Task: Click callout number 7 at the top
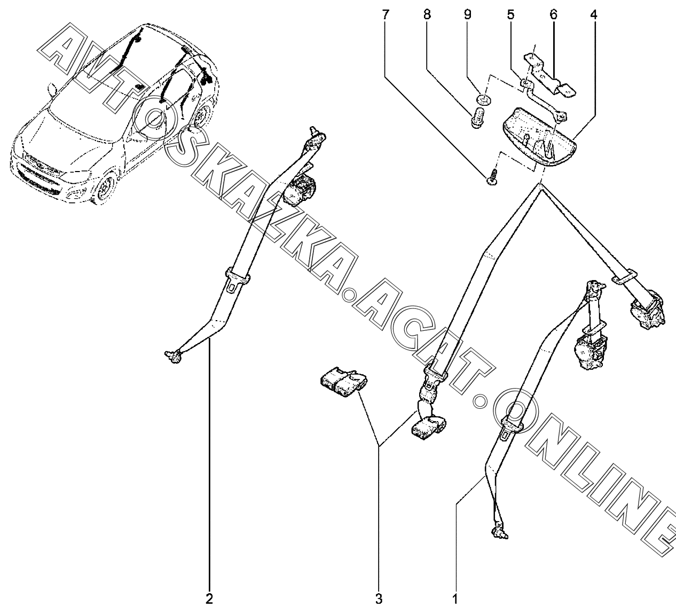pyautogui.click(x=386, y=15)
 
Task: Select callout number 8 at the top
pyautogui.click(x=427, y=15)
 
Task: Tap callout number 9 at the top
pyautogui.click(x=467, y=15)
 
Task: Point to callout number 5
pyautogui.click(x=511, y=15)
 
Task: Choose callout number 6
pyautogui.click(x=553, y=15)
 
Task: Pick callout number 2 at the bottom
pyautogui.click(x=209, y=599)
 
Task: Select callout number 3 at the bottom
pyautogui.click(x=379, y=599)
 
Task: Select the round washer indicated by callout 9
pyautogui.click(x=482, y=100)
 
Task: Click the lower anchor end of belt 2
pyautogui.click(x=174, y=357)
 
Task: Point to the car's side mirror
pyautogui.click(x=52, y=89)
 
